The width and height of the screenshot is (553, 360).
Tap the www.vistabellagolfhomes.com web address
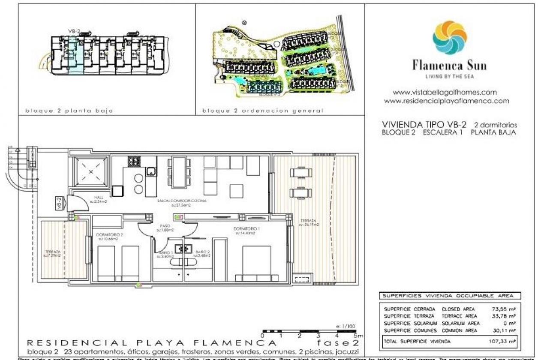pos(445,92)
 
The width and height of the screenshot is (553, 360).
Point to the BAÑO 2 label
pos(203,252)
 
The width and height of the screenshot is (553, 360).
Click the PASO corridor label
pos(165,226)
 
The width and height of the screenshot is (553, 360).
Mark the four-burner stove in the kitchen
pos(134,162)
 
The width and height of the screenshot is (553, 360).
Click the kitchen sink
pos(150,171)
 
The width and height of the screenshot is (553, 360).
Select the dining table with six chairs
pos(179,172)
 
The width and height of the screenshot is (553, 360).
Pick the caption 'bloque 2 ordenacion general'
pos(263,111)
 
